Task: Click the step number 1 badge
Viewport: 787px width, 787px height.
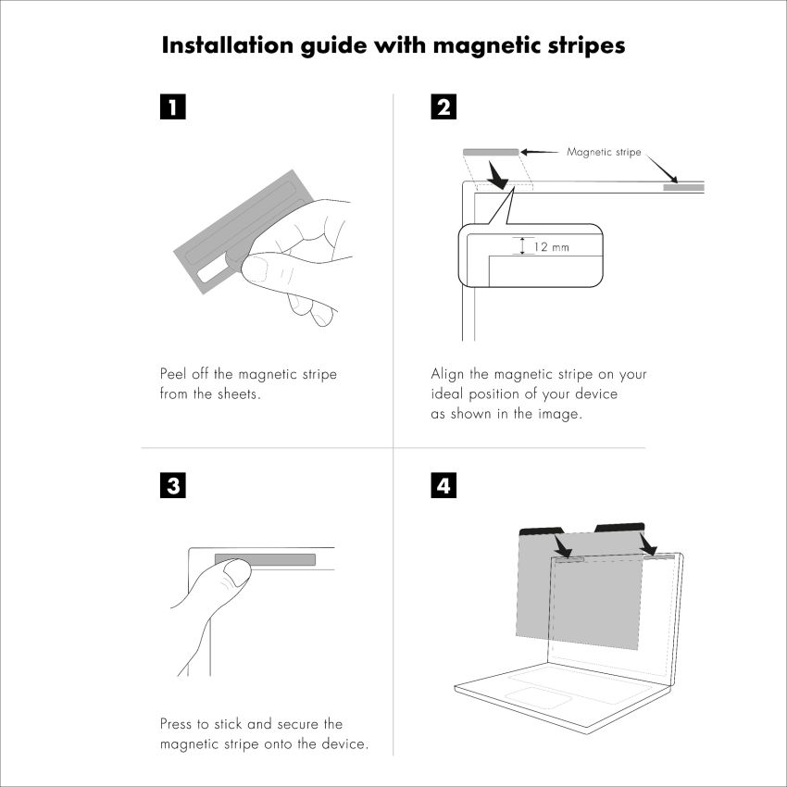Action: [x=172, y=106]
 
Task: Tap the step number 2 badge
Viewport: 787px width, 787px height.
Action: [x=443, y=106]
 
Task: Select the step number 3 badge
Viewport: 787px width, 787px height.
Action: [x=172, y=485]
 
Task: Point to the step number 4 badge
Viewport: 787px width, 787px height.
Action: [x=443, y=485]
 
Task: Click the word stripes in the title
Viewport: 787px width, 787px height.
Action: [x=586, y=46]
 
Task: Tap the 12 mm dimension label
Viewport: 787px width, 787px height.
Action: [x=551, y=247]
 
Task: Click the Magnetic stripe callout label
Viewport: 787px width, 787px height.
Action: [x=604, y=152]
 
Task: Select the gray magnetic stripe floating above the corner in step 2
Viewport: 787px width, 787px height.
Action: [x=491, y=152]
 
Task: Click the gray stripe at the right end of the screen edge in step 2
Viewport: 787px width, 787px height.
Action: [x=683, y=188]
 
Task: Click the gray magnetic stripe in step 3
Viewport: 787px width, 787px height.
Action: [x=265, y=559]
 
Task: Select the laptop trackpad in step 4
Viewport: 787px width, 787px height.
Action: [x=538, y=698]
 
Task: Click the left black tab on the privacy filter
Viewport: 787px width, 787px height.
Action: [x=542, y=531]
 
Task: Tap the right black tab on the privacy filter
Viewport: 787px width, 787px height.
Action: [x=619, y=528]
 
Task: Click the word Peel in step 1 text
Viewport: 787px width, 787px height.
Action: [x=171, y=374]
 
